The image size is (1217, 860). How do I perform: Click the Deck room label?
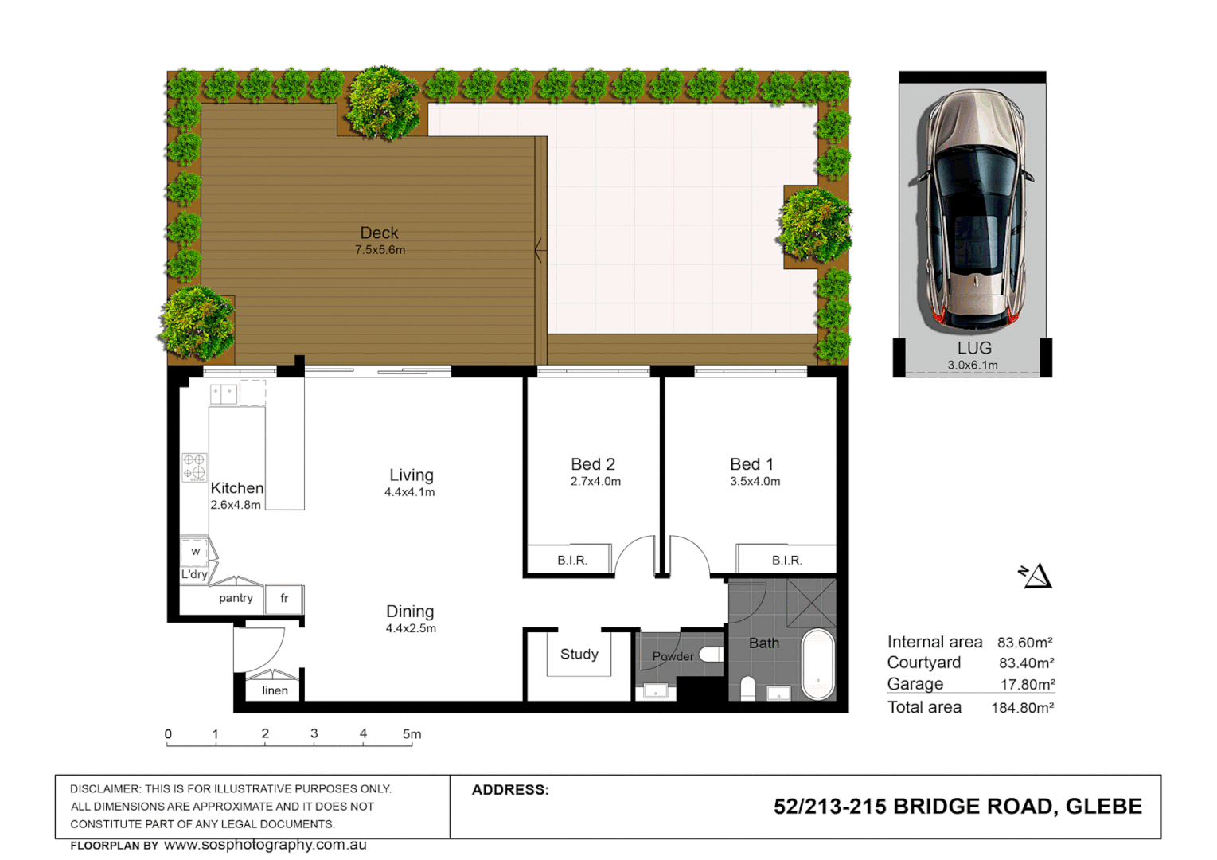coord(379,233)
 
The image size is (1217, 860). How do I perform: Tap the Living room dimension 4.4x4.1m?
coord(410,493)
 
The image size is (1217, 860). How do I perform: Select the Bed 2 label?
coord(593,464)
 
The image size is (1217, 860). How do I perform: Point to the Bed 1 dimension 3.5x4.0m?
coord(755,482)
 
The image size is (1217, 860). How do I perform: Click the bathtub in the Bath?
coord(817,664)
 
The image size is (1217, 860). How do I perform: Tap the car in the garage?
coord(972,210)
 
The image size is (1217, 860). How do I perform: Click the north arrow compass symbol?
coord(1036,576)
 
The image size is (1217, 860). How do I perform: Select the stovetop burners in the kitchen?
coord(194,467)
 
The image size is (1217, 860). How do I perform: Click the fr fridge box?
coord(284,599)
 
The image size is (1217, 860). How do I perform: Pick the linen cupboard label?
coord(275,690)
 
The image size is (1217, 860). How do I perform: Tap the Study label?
coord(579,655)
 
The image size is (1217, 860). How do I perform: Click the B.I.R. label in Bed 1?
coord(786,561)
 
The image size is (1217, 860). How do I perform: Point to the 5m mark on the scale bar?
coord(412,735)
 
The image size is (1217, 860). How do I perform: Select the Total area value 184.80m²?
coord(1022,708)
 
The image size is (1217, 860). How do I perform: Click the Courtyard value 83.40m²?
coord(1026,663)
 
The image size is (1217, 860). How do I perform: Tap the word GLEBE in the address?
coord(1103,807)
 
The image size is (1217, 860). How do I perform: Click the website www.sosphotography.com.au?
coord(265,845)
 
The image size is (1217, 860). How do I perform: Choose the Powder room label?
coord(673,657)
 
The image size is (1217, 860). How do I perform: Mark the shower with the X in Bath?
coord(811,603)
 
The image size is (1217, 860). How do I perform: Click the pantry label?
coord(236,598)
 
